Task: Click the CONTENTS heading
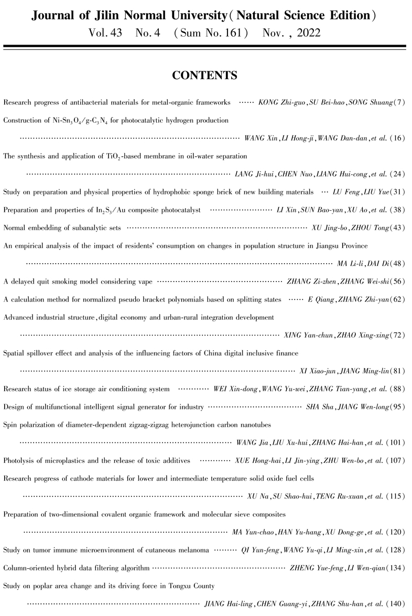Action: point(205,75)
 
